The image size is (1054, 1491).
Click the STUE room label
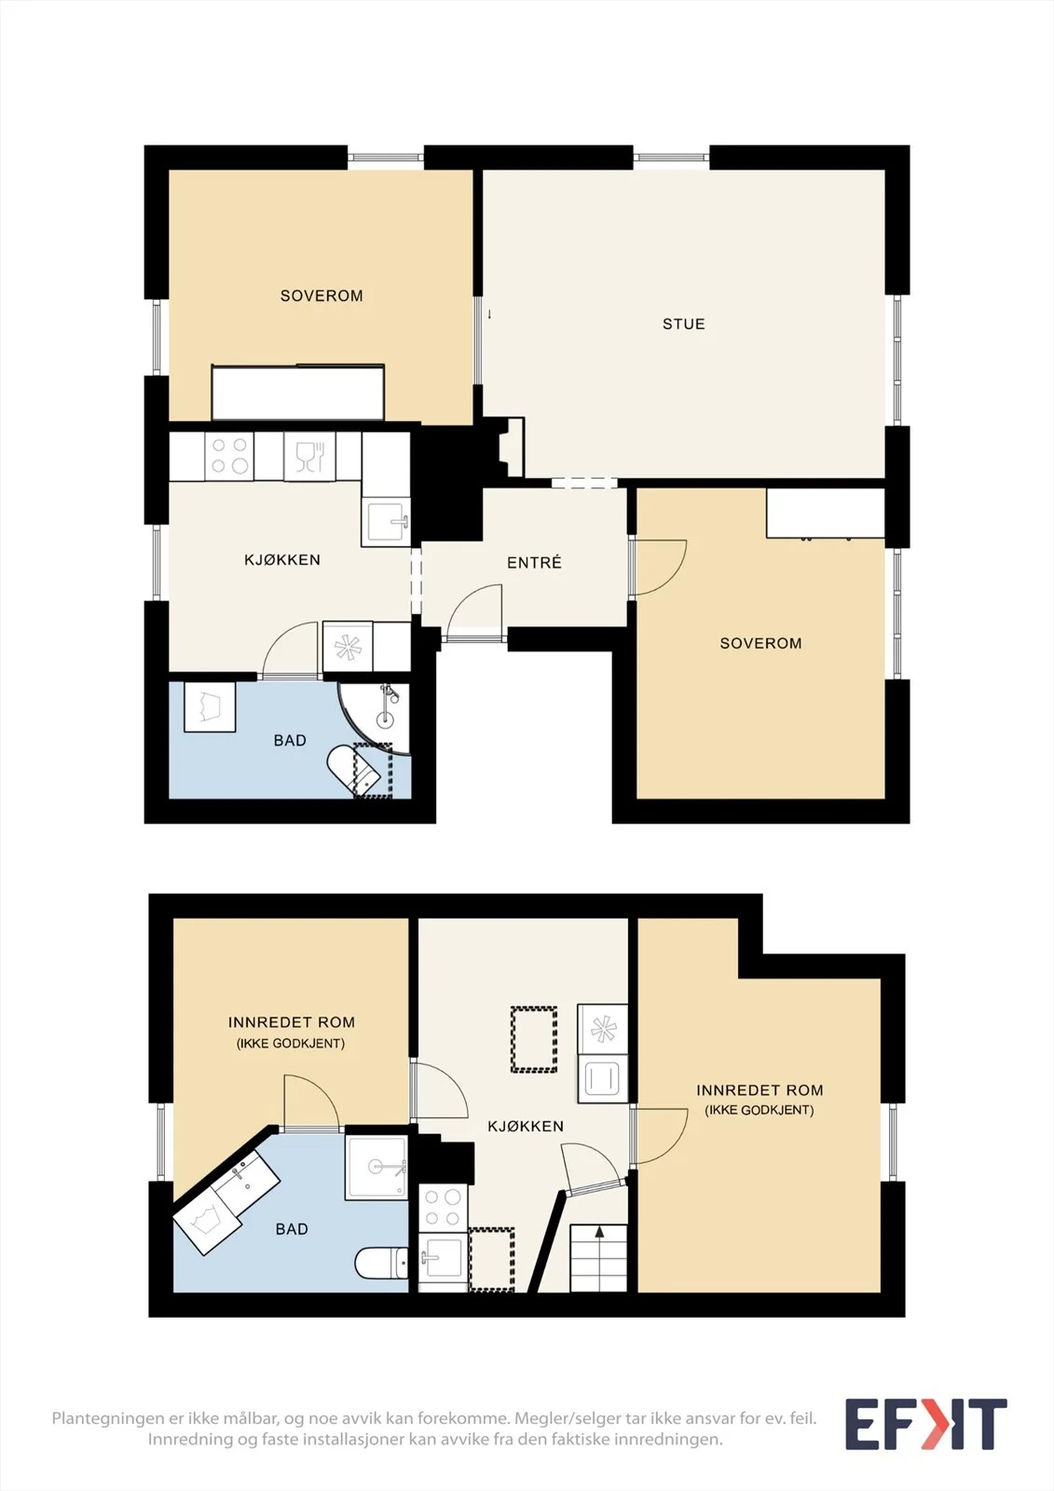point(683,324)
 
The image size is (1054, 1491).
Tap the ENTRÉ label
point(534,563)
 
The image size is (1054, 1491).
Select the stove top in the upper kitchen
point(229,456)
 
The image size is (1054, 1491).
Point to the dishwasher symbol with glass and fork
point(309,456)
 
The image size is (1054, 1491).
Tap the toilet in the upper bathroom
point(353,768)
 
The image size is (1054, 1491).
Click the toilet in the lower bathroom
point(381,1262)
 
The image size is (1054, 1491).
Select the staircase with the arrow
point(598,1258)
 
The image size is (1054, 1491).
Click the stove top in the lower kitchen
point(443,1208)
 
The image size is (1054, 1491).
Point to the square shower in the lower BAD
point(376,1167)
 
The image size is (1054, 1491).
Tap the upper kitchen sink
point(386,522)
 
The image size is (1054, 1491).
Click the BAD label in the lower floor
point(292,1229)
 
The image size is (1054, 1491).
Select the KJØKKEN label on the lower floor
point(526,1126)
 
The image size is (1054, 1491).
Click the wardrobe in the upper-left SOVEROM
point(297,392)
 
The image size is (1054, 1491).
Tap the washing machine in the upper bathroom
point(210,707)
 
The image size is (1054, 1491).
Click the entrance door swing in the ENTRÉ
point(474,610)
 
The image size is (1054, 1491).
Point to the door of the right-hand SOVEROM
point(657,567)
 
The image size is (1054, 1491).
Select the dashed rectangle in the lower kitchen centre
point(533,1039)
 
